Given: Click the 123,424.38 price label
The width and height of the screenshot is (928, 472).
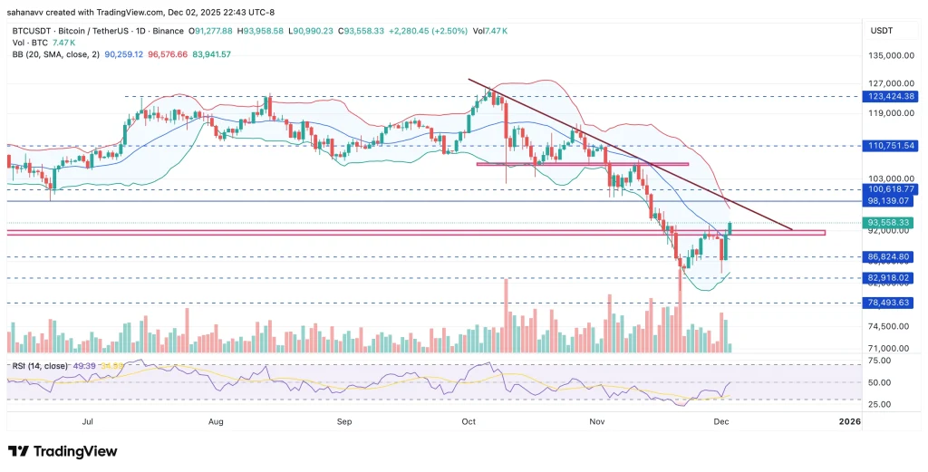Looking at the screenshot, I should coord(892,96).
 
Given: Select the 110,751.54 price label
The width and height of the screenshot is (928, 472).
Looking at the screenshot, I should coord(892,145).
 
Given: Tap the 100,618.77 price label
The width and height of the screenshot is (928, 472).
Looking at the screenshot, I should coord(892,188).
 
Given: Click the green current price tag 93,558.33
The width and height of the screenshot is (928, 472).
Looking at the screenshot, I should coord(892,222).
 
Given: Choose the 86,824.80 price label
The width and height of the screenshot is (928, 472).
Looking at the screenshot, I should coord(892,257).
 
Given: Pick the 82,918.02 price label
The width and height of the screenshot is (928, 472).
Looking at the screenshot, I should coord(892,278).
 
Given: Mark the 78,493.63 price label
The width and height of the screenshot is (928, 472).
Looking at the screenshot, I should coord(892,303).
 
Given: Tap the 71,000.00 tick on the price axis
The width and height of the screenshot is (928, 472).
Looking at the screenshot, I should coord(891,348).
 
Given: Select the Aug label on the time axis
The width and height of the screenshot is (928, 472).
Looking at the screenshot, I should coord(216,421).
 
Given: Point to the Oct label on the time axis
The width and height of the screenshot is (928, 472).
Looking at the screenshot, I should coord(469,421).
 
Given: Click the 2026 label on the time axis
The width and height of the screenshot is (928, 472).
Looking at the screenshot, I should coord(848,421).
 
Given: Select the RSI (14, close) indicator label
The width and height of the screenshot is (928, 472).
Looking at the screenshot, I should coord(42,365).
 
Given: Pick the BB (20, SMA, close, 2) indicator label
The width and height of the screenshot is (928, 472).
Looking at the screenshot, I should coord(53,54).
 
